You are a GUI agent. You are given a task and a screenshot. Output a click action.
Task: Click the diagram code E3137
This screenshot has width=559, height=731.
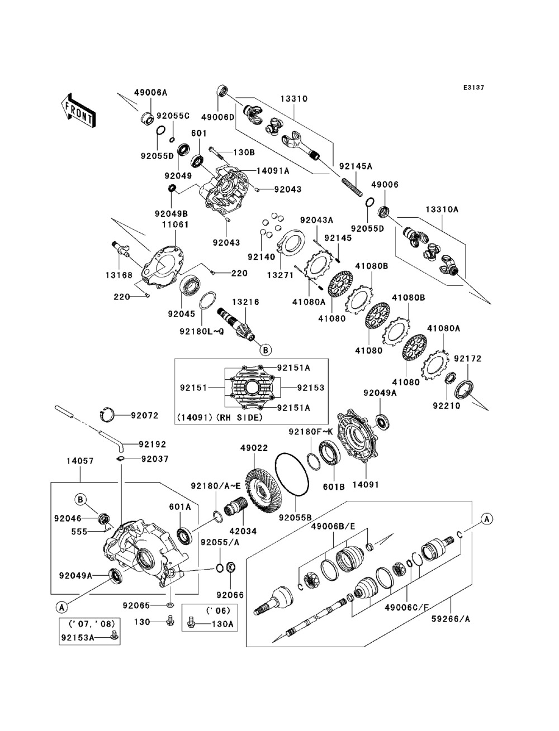coord(473,88)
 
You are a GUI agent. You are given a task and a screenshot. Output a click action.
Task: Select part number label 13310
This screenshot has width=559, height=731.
coord(293,99)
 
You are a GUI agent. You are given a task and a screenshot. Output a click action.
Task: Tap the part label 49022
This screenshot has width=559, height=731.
coord(254,448)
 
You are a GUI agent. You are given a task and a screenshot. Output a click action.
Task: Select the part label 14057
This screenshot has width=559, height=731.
coord(80,461)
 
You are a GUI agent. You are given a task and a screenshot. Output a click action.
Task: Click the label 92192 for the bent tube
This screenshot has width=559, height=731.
coord(153,445)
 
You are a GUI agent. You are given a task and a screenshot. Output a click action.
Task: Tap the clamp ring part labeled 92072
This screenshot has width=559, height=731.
coord(107,414)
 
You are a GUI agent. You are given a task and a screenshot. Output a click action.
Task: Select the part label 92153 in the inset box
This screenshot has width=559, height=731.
coord(311,388)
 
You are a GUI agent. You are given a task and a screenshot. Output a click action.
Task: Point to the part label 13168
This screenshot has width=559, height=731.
coord(119,275)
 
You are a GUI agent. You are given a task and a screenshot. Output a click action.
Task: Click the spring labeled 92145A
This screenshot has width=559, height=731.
coord(352,188)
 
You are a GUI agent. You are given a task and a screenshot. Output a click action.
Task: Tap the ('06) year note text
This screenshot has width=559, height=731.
coord(219,610)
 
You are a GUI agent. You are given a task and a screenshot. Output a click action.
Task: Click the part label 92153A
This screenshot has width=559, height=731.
coord(77,637)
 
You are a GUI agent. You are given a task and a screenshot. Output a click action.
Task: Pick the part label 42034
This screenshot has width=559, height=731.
coord(243,531)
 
